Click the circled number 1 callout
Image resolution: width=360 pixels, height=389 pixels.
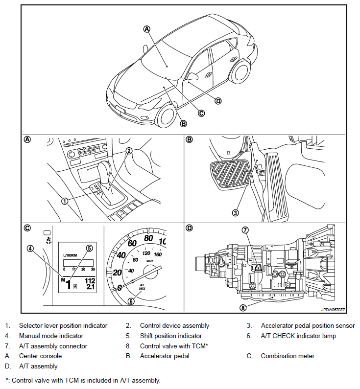64,201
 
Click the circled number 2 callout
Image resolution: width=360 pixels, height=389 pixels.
128,151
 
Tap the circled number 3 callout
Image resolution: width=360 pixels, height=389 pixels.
235,213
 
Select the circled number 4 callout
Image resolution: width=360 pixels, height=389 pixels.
30,248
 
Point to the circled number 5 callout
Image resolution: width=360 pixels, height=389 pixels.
89,248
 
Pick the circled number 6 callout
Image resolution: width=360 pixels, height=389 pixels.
131,301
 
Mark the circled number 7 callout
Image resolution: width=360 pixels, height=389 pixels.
245,229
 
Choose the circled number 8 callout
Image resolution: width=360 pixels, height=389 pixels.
243,308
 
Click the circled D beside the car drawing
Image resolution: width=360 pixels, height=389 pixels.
218,101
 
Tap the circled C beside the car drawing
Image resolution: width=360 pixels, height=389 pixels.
201,113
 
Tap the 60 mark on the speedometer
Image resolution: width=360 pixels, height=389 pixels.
132,243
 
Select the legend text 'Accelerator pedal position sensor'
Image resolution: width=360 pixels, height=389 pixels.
308,325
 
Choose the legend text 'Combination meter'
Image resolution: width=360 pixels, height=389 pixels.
288,356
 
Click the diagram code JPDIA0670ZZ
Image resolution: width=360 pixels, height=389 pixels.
333,310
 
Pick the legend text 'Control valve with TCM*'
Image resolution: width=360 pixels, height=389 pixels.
174,346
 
